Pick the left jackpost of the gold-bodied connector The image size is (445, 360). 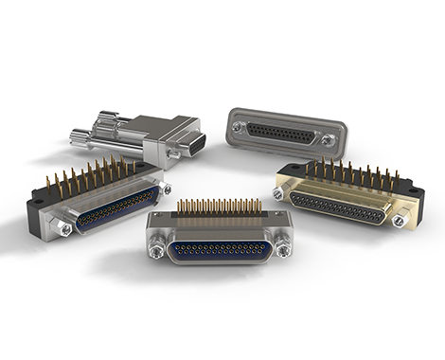coord(279,193)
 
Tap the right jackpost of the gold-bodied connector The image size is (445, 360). coord(399,220)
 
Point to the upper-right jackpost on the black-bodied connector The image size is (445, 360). coord(166,189)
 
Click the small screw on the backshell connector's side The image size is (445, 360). coord(173,153)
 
